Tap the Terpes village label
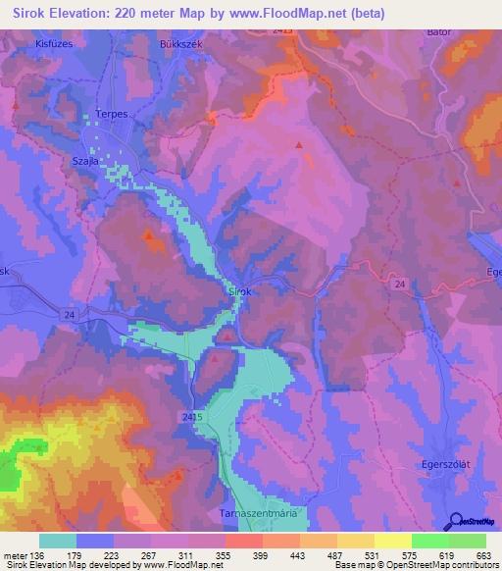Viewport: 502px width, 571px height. coord(112,114)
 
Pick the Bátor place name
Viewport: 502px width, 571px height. coord(438,32)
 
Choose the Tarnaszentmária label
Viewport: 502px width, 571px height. coord(263,513)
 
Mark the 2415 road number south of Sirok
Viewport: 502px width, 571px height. coord(191,417)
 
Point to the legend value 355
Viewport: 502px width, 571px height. coord(225,555)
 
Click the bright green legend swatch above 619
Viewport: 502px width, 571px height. coord(429,541)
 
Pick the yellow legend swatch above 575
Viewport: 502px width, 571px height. coord(392,541)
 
